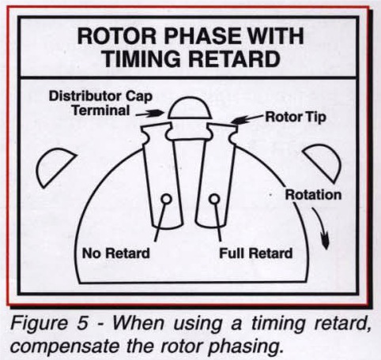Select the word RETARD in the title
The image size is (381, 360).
coord(242,59)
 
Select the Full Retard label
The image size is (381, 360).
coord(254,253)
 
